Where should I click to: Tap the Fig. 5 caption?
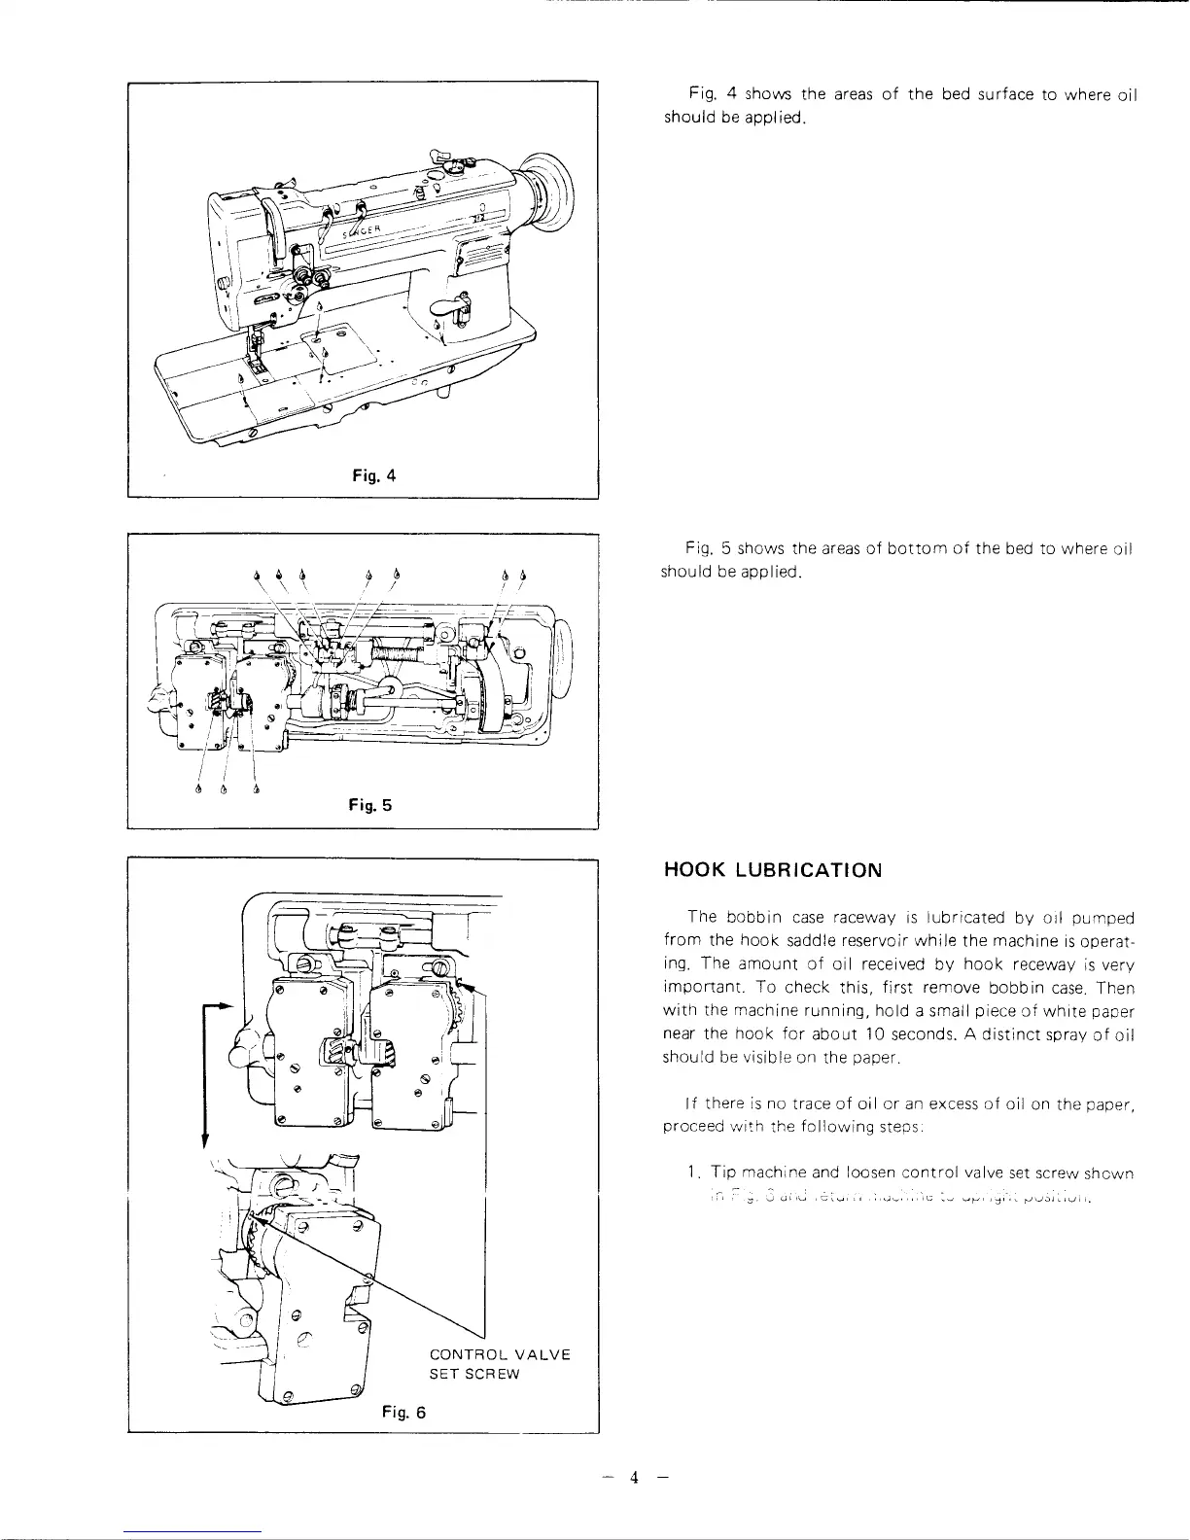[x=370, y=805]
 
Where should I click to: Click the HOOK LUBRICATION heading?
[x=772, y=870]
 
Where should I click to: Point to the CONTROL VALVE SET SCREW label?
[x=500, y=1364]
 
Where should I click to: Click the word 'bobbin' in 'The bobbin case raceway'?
[x=754, y=917]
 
